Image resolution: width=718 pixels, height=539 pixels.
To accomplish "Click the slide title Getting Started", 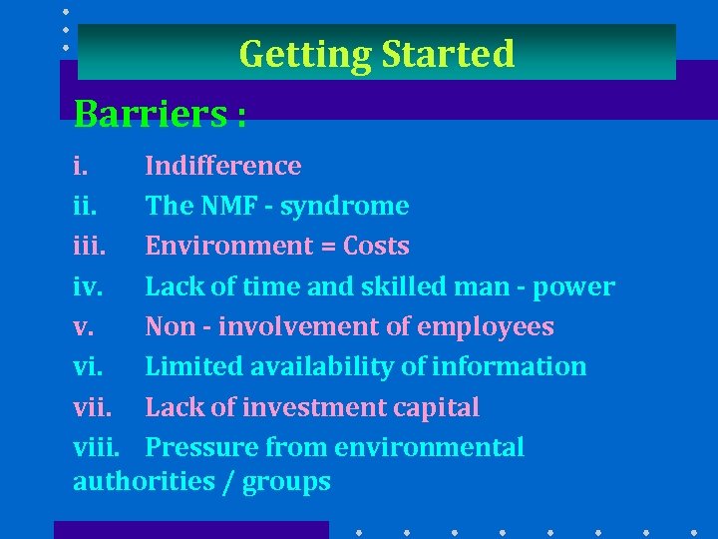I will (377, 53).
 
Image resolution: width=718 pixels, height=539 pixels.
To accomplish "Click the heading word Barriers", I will (151, 114).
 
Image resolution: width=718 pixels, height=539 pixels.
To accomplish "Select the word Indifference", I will (223, 166).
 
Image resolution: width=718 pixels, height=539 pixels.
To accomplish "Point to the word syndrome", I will (345, 207).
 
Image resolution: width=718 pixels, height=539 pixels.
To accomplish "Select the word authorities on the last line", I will (142, 482).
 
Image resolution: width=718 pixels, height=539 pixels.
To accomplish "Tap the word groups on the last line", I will (287, 483).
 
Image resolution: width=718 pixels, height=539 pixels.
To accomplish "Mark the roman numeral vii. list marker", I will (93, 408).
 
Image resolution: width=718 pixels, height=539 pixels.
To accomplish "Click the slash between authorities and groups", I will (228, 483).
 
